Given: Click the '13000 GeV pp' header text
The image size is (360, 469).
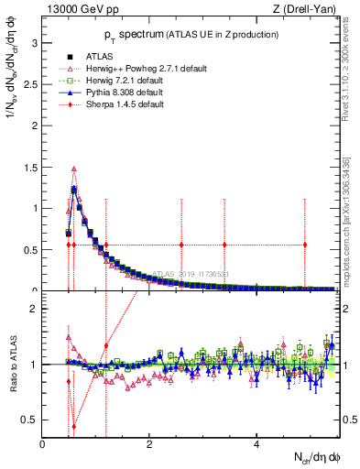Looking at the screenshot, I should click(76, 10).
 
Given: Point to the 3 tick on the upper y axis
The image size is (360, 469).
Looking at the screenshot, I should click(34, 42).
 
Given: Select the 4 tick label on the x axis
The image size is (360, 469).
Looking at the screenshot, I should click(256, 444).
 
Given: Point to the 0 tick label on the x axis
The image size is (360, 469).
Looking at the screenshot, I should click(43, 444).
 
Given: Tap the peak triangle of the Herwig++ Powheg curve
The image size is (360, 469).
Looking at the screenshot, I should click(74, 169).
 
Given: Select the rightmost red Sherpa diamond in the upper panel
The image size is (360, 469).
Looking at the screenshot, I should click(305, 245).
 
